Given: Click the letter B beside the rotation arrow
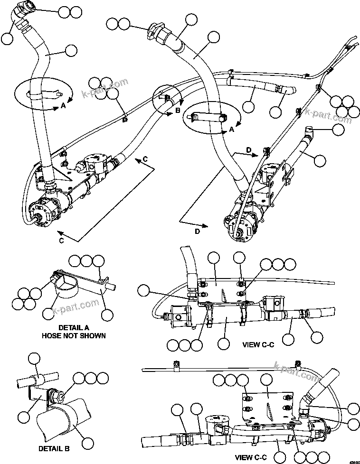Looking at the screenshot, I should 178,110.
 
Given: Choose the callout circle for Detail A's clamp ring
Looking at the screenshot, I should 48,313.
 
